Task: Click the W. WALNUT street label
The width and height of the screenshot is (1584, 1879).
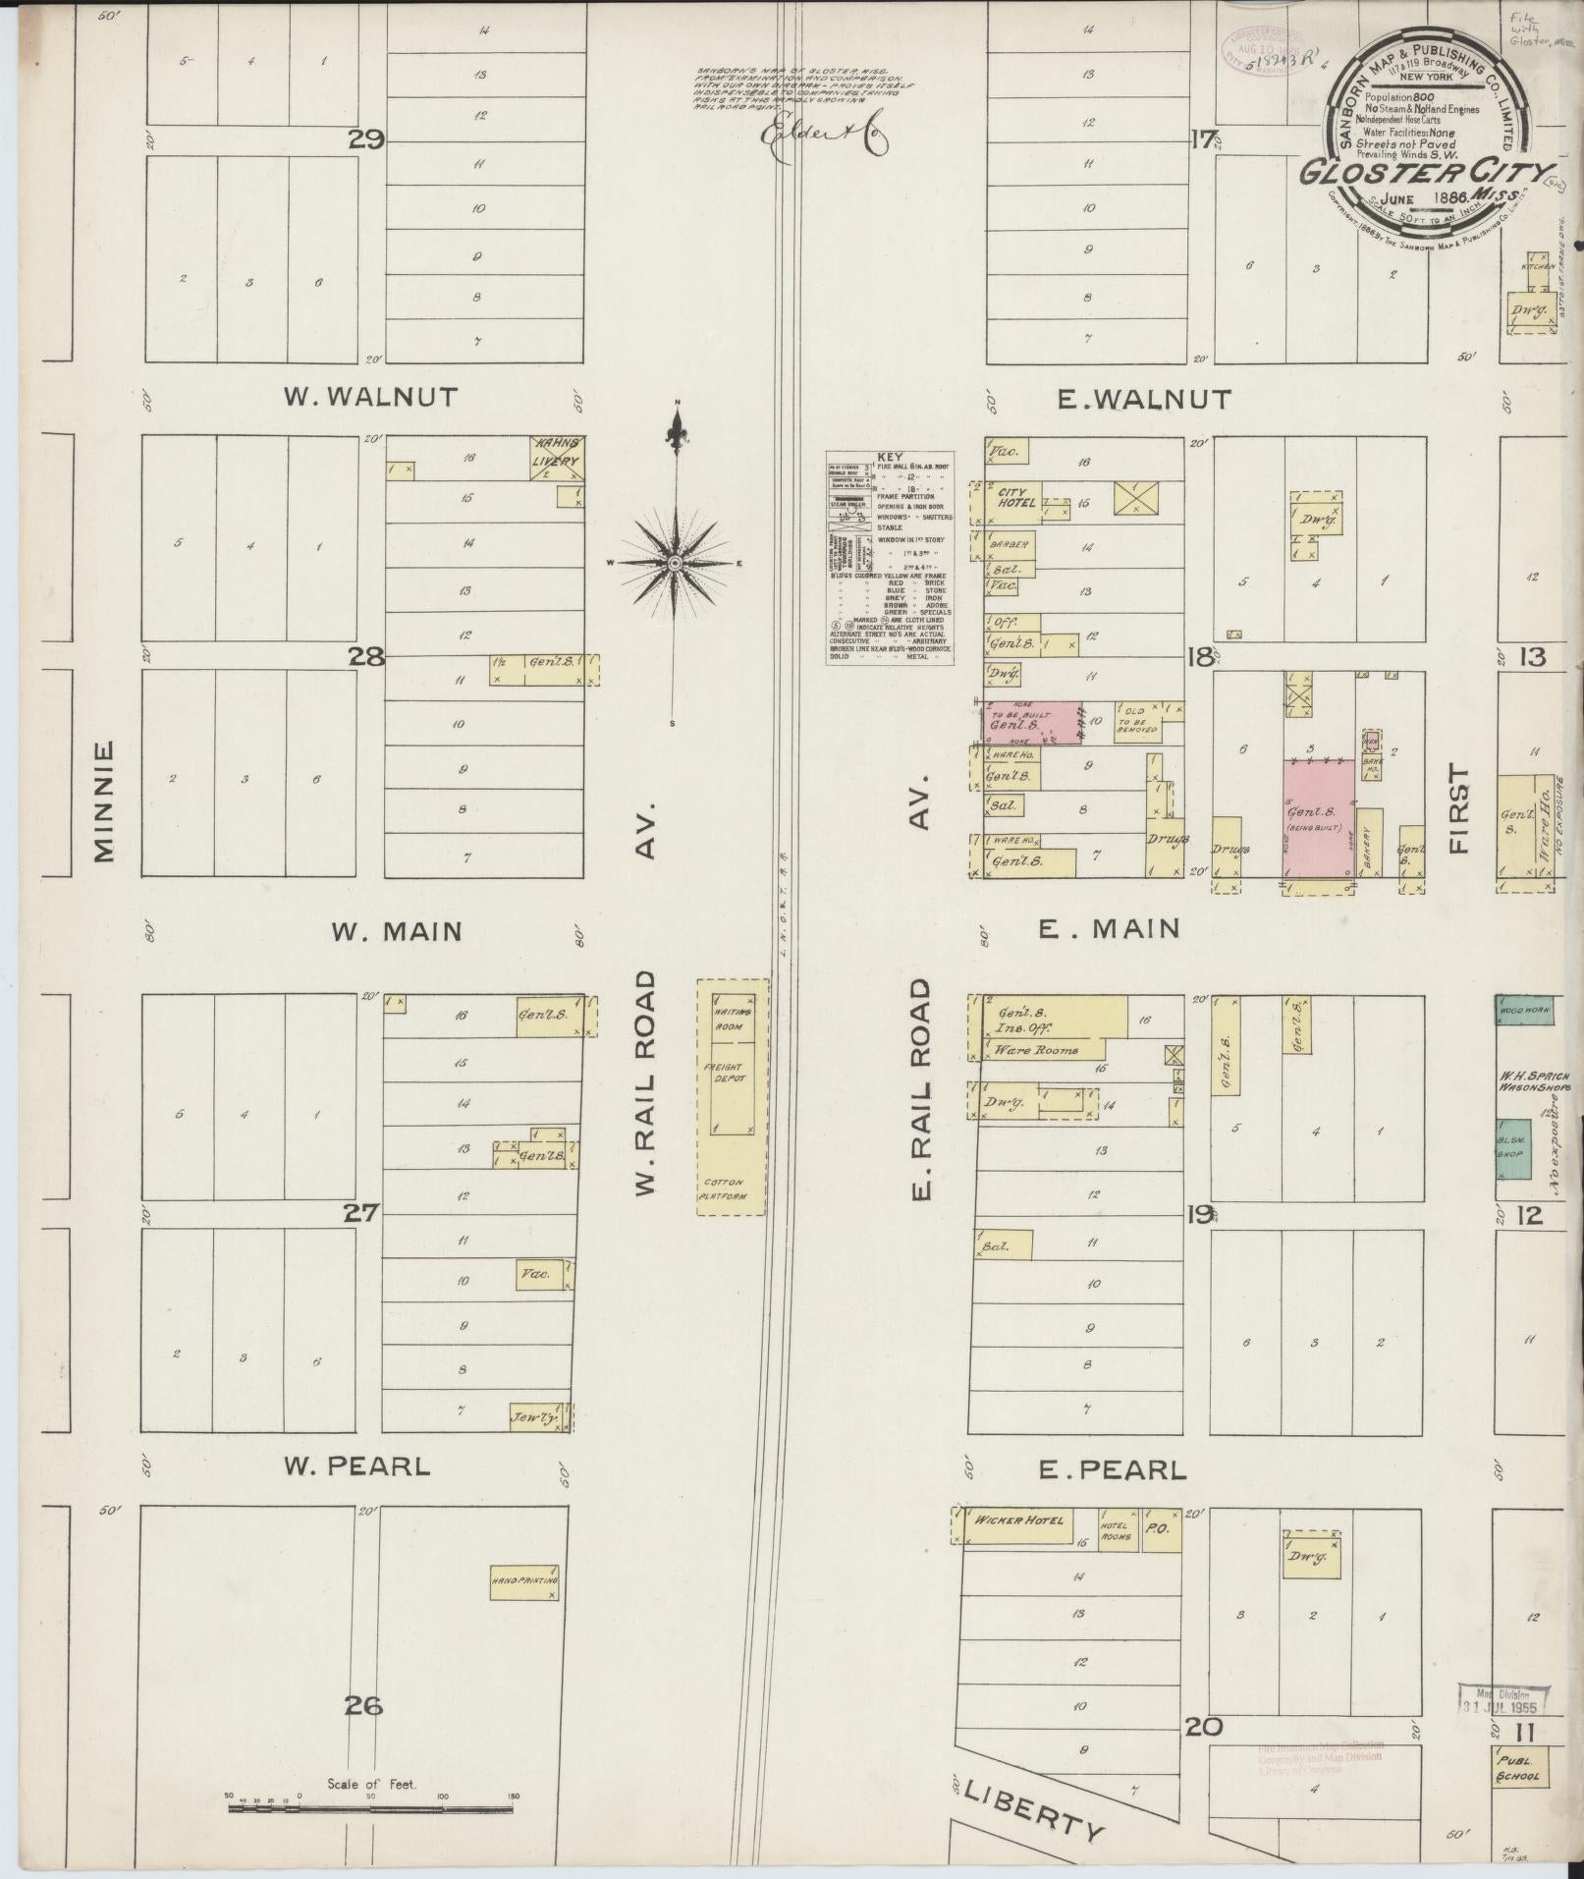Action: click(370, 397)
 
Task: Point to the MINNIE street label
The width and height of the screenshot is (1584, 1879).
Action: click(105, 801)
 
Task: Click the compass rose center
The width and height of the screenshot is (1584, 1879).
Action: click(676, 563)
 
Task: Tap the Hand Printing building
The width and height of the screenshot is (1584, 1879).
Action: click(524, 1582)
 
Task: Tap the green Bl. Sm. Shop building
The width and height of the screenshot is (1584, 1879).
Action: click(1513, 1148)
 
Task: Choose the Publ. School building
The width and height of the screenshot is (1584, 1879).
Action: click(1518, 1767)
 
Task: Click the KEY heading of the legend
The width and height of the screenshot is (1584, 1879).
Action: click(891, 458)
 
